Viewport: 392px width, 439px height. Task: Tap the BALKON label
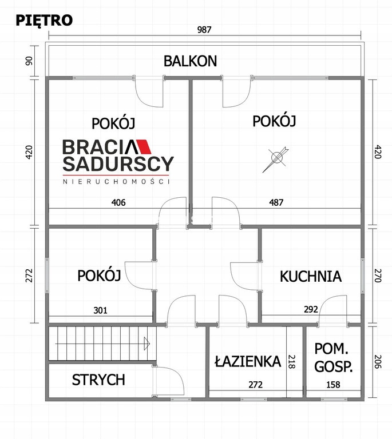[x=190, y=61]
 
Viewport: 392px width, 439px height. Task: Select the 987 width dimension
[x=204, y=30]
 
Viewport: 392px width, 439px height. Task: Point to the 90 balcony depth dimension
[x=29, y=61]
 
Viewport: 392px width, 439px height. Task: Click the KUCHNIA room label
[x=311, y=276]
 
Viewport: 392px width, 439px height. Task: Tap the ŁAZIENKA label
[x=248, y=361]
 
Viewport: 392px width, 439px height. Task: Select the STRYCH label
[x=98, y=380]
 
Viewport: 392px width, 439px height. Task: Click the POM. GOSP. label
[x=333, y=357]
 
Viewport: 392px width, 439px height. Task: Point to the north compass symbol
[x=276, y=158]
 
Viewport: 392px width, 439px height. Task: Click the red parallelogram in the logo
[x=144, y=147]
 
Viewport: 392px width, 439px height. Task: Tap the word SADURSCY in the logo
[x=118, y=164]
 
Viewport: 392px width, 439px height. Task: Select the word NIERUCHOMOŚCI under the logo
[x=116, y=181]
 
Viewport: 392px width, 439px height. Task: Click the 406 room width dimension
[x=118, y=202]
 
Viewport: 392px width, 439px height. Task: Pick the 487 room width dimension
[x=276, y=202]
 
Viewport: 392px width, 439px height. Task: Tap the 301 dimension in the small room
[x=100, y=310]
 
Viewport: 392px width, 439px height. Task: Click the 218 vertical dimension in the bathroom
[x=292, y=362]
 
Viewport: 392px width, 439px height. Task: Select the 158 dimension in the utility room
[x=333, y=385]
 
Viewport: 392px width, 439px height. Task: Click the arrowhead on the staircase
[x=147, y=344]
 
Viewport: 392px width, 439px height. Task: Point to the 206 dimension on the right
[x=378, y=362]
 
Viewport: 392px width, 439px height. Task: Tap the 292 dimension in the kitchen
[x=311, y=309]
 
